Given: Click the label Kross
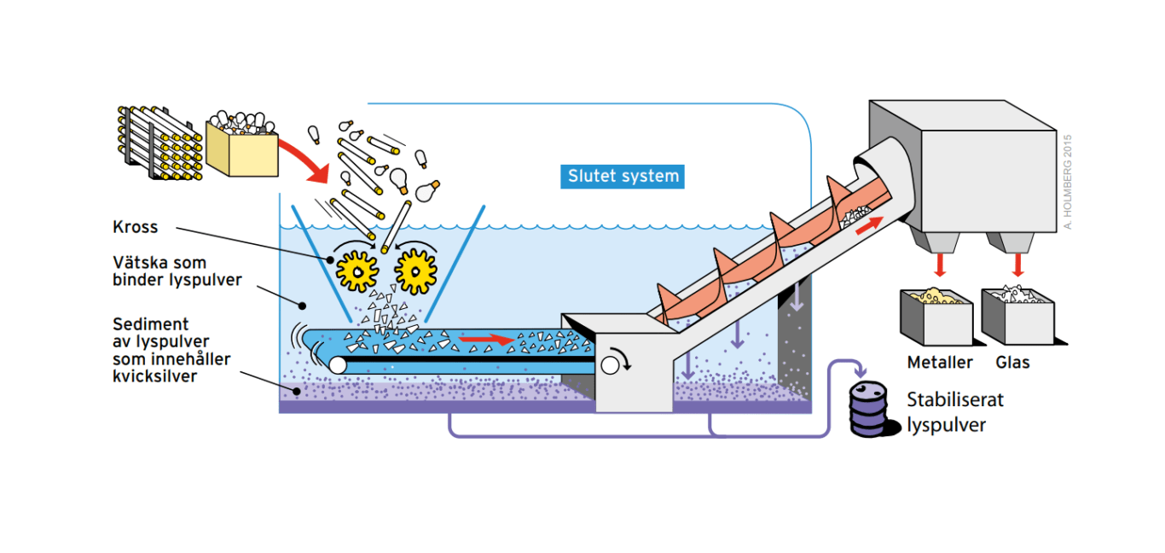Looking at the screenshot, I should pos(136,228).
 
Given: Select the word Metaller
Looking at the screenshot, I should pos(940,363).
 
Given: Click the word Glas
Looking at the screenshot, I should pos(1013,363).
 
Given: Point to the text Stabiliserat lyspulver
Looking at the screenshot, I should pos(955,411).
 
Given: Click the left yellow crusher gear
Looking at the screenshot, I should pos(356,270).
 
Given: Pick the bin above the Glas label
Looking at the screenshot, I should pos(1015,316).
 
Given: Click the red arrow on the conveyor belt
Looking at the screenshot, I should pos(486,341).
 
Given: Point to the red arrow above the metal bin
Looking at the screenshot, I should pos(939,265).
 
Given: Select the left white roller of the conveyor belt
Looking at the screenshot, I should pos(337,365).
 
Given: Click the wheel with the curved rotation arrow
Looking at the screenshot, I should pos(610,365).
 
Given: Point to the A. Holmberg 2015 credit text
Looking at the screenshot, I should pos(1067,180).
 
